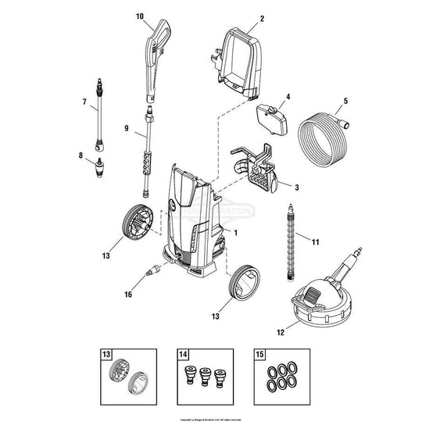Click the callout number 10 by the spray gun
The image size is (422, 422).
(140, 16)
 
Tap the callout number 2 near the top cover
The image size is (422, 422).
(262, 18)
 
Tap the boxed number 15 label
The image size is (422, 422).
(260, 355)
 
